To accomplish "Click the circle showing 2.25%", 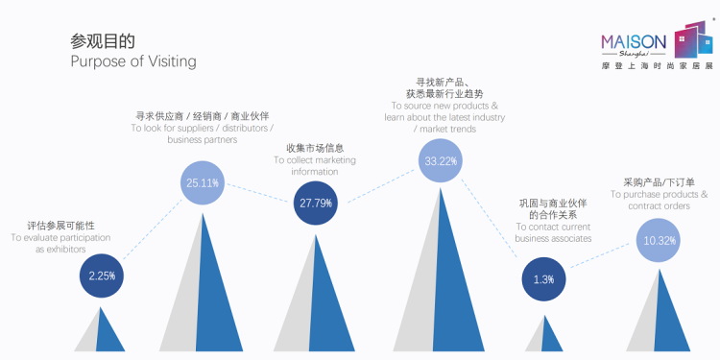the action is click(102, 276).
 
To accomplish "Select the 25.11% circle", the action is click(203, 182).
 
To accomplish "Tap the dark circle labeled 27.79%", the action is click(316, 203).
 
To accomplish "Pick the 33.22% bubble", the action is click(441, 160).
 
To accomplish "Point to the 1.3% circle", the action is click(543, 279).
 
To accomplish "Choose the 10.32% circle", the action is click(659, 240).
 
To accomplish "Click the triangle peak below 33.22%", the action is click(441, 188).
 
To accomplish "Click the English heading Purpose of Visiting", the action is click(133, 61).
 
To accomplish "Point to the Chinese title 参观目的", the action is click(103, 41).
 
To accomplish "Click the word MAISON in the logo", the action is click(634, 42).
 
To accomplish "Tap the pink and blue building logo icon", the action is click(693, 39).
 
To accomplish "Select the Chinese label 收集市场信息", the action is click(315, 148).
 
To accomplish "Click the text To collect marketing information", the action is click(315, 166).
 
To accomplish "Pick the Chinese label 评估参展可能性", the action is click(60, 226).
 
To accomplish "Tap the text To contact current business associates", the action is click(553, 233).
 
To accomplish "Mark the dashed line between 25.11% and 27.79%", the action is click(257, 193).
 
